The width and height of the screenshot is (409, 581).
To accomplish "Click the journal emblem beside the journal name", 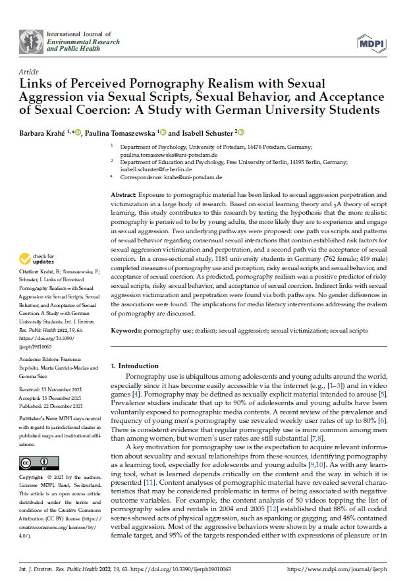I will pyautogui.click(x=30, y=41).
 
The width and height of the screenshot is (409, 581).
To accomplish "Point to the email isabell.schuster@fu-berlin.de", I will pyautogui.click(x=155, y=171).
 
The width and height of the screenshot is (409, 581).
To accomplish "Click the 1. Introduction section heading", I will pyautogui.click(x=134, y=366).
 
